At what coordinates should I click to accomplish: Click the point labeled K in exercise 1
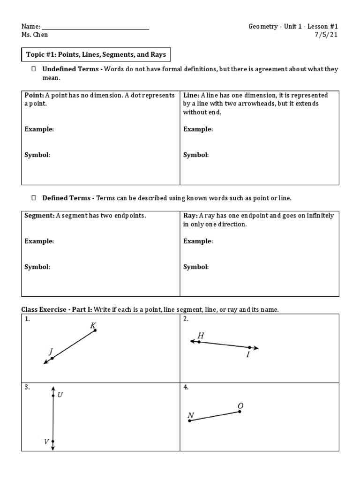pyautogui.click(x=95, y=330)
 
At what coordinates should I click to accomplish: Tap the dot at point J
pyautogui.click(x=52, y=359)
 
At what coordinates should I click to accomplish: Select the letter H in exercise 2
pyautogui.click(x=201, y=335)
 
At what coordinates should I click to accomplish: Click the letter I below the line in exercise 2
pyautogui.click(x=248, y=355)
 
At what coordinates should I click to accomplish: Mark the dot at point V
pyautogui.click(x=53, y=441)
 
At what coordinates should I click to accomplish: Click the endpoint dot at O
pyautogui.click(x=240, y=412)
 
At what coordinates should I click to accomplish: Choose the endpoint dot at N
pyautogui.click(x=189, y=421)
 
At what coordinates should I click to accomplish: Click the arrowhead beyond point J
pyautogui.click(x=45, y=362)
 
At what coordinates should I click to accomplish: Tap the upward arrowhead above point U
pyautogui.click(x=53, y=388)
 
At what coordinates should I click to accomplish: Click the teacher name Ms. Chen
pyautogui.click(x=35, y=35)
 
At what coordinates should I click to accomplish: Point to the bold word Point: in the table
pyautogui.click(x=34, y=95)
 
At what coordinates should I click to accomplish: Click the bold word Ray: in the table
pyautogui.click(x=190, y=216)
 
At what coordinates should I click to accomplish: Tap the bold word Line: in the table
pyautogui.click(x=191, y=95)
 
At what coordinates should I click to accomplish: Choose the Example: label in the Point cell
pyautogui.click(x=39, y=129)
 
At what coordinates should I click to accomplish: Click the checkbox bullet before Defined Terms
pyautogui.click(x=33, y=198)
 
